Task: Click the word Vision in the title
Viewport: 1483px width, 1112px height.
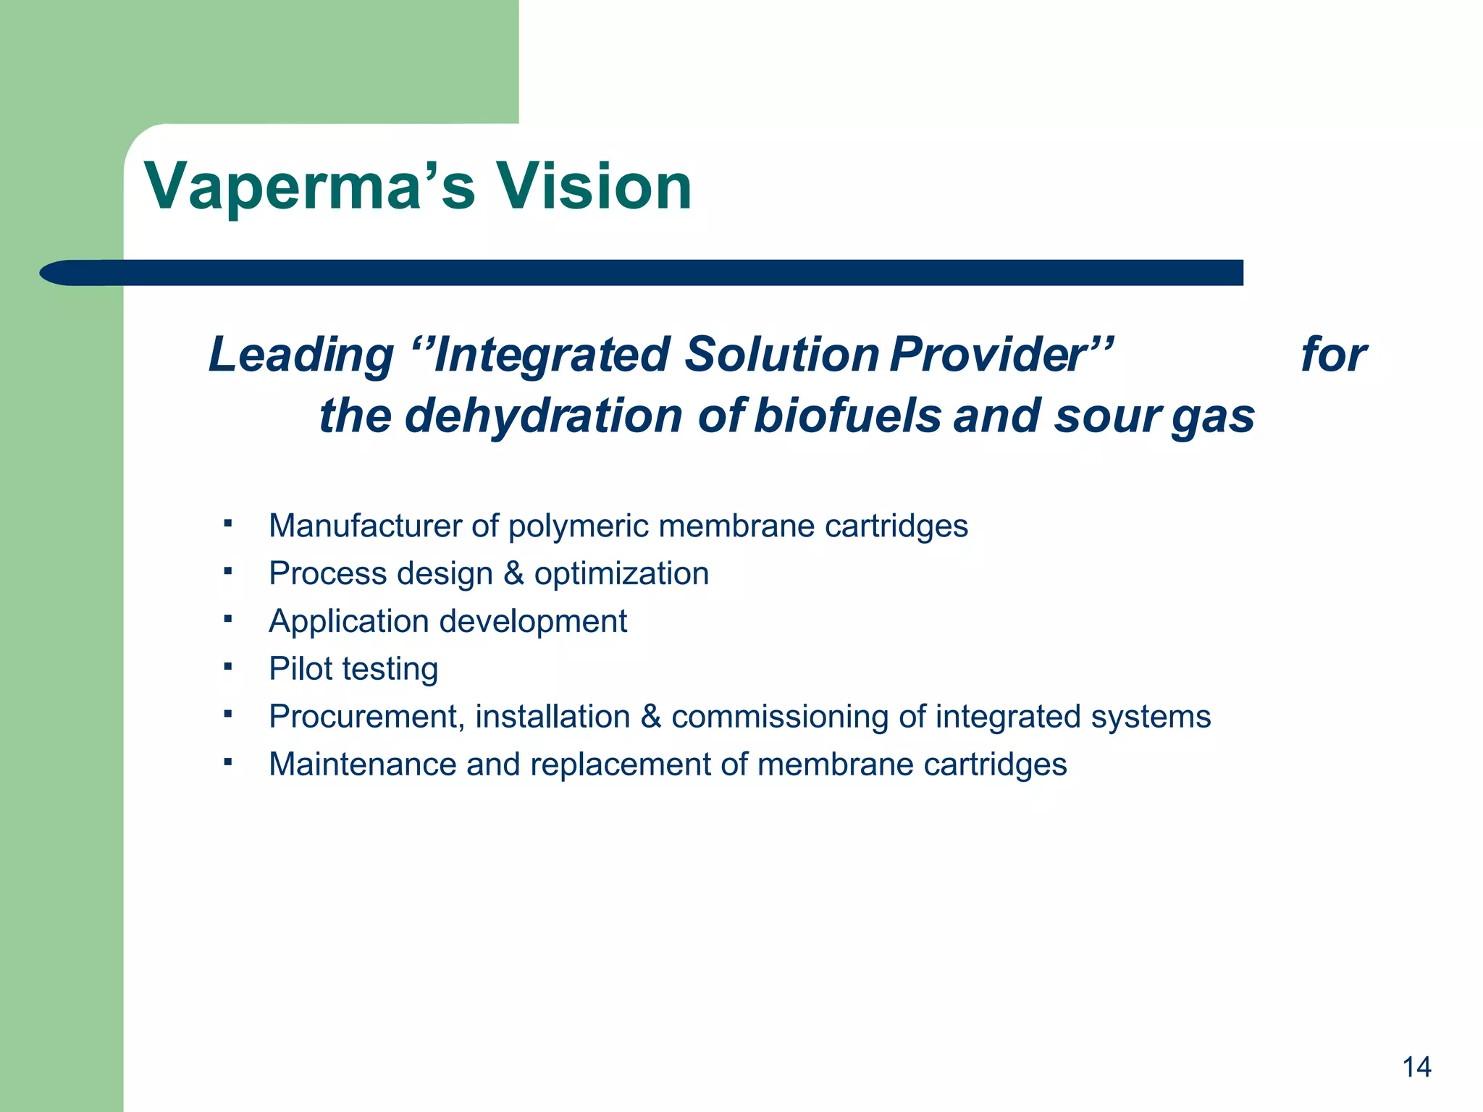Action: coord(593,187)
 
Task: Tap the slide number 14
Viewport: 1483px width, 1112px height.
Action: coord(1416,1067)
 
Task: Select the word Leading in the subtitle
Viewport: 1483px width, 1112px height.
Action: coord(301,355)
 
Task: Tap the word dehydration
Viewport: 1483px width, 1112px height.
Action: coord(543,416)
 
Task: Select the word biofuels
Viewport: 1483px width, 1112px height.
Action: coord(847,416)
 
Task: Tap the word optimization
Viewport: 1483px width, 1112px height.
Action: coord(621,574)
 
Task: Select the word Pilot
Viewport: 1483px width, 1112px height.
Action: coord(301,668)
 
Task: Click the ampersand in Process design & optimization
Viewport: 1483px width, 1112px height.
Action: coord(513,573)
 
